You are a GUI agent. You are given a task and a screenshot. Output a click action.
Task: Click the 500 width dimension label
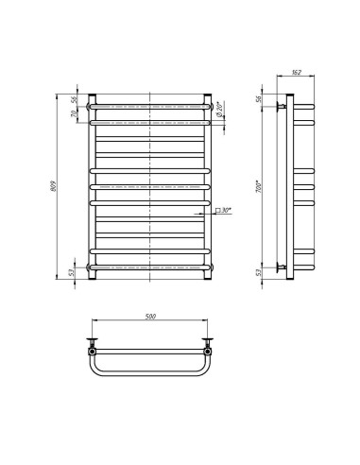point(150,318)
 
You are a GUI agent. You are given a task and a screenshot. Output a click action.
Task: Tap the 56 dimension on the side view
point(259,98)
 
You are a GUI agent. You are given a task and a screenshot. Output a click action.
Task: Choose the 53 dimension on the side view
point(259,273)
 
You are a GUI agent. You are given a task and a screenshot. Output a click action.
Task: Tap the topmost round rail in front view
point(149,105)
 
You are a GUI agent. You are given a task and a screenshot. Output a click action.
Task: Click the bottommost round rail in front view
point(149,268)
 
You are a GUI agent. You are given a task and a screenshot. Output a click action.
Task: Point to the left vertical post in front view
point(92,185)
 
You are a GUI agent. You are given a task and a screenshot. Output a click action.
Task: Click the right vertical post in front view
point(207,185)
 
